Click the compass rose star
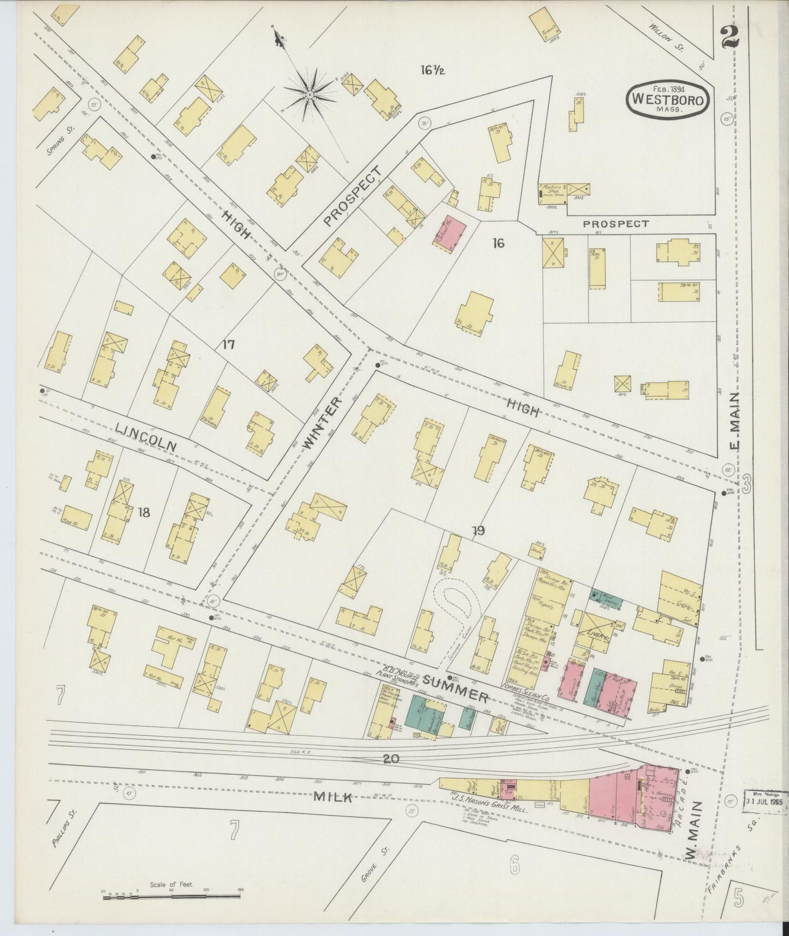(310, 95)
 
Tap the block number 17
(228, 345)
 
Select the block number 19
(478, 530)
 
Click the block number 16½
(432, 70)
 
